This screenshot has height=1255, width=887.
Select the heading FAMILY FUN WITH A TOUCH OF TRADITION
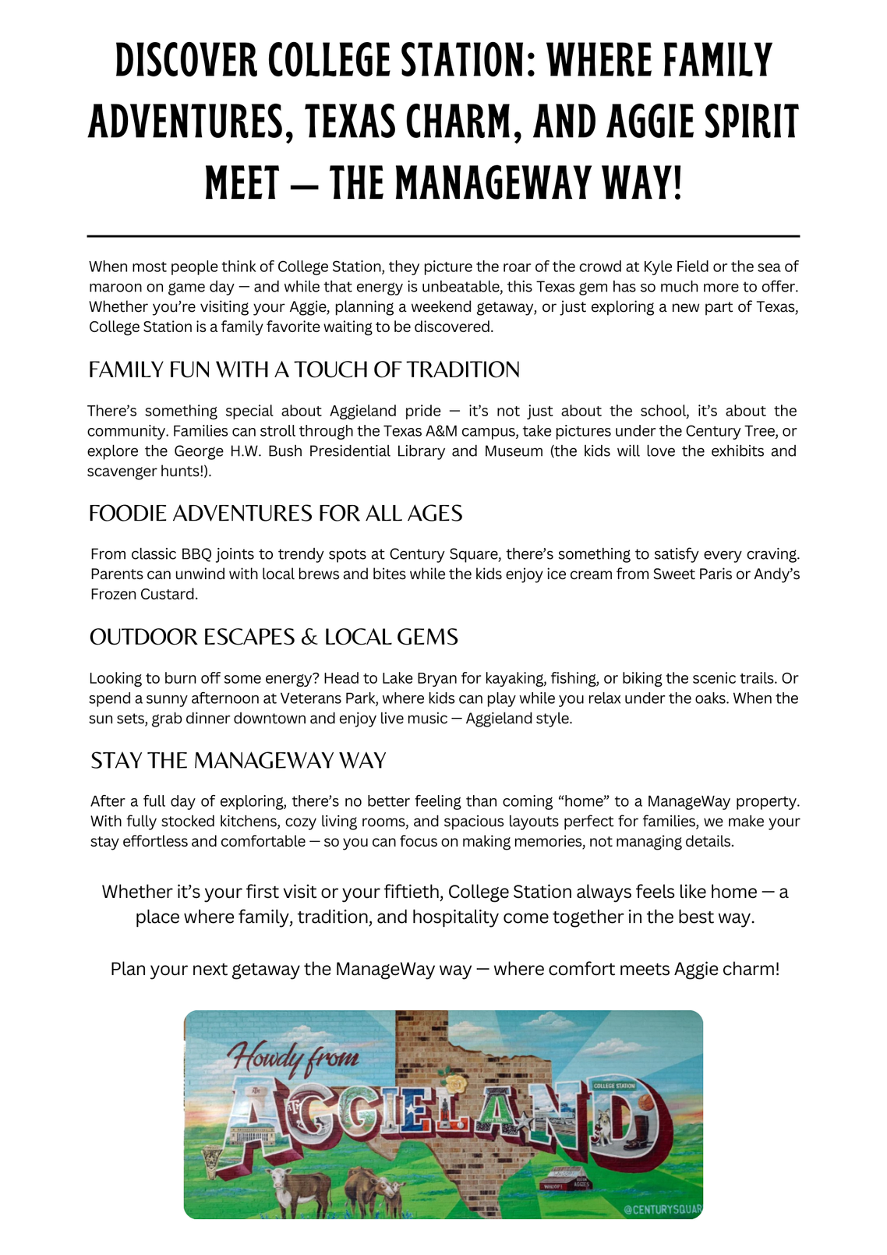tap(304, 369)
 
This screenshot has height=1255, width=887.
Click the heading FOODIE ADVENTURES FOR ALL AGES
tap(276, 513)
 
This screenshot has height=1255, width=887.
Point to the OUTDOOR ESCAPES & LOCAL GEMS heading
tap(274, 637)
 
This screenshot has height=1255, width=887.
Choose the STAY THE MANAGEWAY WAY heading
tap(239, 760)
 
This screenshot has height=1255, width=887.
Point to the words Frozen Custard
tap(144, 595)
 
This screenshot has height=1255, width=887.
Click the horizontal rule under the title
tap(443, 235)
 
